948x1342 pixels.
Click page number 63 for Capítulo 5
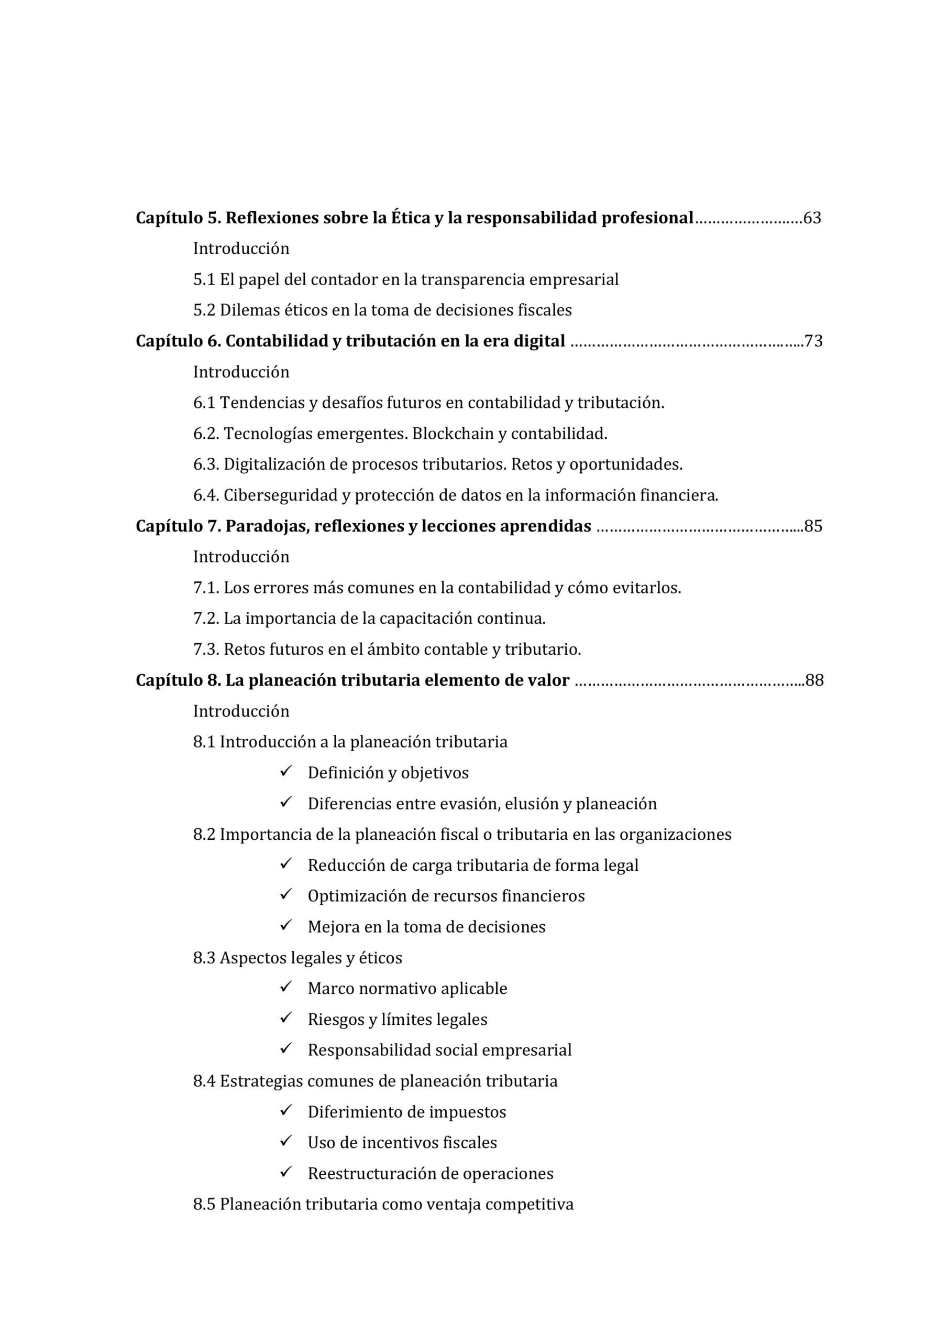coord(812,218)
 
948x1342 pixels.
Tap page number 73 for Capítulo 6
coord(813,341)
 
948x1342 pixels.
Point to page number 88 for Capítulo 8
coord(814,681)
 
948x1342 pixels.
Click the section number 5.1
coord(204,280)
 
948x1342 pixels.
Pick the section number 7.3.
coord(206,650)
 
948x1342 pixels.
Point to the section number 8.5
coord(204,1205)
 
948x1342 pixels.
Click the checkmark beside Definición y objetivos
coord(285,772)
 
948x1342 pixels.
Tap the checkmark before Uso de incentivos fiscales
coord(285,1142)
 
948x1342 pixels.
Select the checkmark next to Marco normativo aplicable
coord(285,988)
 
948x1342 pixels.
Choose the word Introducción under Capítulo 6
coord(241,372)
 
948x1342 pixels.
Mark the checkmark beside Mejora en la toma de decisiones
coord(285,926)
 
